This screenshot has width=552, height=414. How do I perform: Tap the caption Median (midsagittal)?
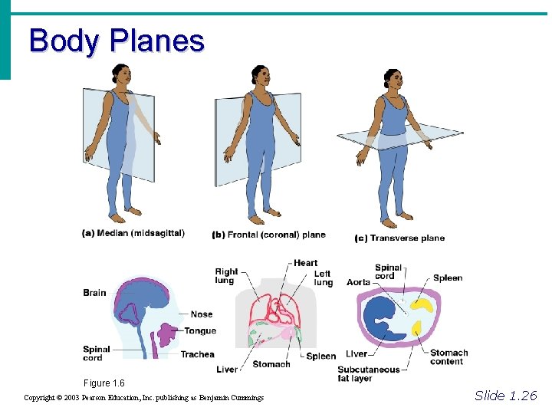click(133, 233)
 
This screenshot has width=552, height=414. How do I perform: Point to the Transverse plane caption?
click(399, 238)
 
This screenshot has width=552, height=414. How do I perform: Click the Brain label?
click(94, 292)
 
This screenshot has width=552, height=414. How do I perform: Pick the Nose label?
click(202, 314)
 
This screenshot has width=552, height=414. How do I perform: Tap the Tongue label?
click(200, 331)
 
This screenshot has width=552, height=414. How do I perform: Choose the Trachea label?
click(197, 354)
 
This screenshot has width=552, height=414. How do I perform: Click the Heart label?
click(305, 263)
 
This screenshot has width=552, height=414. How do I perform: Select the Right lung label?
click(226, 276)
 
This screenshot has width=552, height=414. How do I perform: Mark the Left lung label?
click(323, 278)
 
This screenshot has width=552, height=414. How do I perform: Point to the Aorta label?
click(358, 282)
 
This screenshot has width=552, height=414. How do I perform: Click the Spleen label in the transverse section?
click(448, 278)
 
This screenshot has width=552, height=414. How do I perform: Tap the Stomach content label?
click(449, 357)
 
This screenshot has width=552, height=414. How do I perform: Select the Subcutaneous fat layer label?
click(369, 373)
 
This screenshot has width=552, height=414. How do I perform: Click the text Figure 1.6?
click(104, 383)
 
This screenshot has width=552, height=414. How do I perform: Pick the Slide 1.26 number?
click(506, 396)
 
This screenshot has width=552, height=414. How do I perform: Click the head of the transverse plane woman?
click(393, 78)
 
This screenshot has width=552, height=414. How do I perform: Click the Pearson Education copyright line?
click(143, 398)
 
